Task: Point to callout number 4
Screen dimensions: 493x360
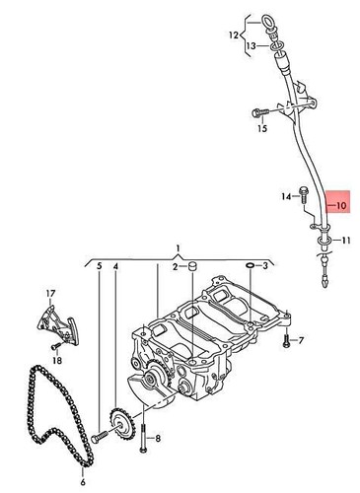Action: coord(115,267)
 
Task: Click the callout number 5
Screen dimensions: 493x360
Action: coord(99,267)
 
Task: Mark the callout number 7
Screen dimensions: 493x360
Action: coord(301,341)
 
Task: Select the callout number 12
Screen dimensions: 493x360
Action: coord(233,36)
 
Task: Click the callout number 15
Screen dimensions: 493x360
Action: coord(262,128)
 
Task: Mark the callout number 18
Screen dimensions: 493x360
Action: coord(56,362)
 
